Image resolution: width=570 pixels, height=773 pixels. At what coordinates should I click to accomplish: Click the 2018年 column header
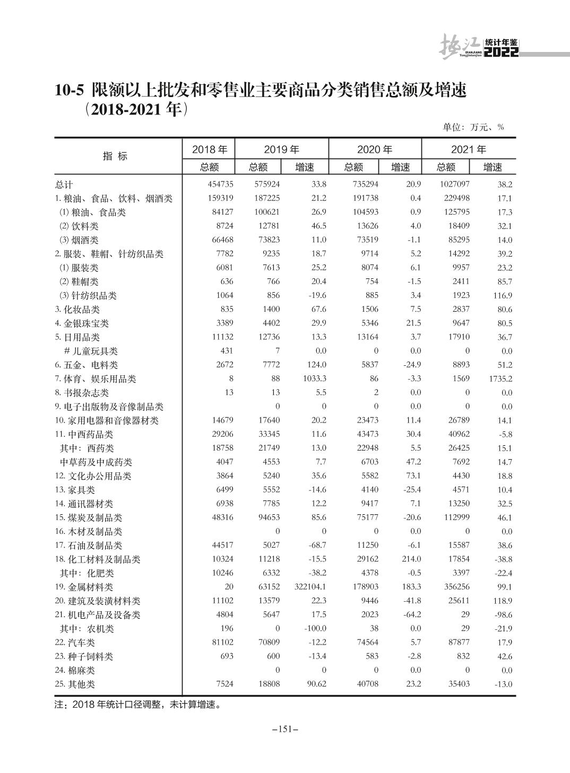click(x=210, y=150)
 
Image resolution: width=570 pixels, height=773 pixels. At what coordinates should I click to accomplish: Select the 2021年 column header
click(x=469, y=150)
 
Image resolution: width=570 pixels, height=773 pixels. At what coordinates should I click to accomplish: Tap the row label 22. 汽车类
click(x=75, y=643)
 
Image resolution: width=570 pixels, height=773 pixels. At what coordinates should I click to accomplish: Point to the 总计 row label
click(x=64, y=185)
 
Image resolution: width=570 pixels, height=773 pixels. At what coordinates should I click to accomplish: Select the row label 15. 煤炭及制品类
click(x=88, y=517)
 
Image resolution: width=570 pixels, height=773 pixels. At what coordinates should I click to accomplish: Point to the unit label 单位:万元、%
click(x=473, y=127)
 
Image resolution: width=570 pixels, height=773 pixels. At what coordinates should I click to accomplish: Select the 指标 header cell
click(x=115, y=156)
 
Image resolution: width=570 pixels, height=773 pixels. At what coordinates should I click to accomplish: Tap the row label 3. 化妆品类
click(x=77, y=310)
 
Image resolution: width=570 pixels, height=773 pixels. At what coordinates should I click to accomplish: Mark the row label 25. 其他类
click(x=75, y=684)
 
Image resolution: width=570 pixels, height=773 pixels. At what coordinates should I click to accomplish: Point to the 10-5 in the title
click(x=70, y=91)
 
